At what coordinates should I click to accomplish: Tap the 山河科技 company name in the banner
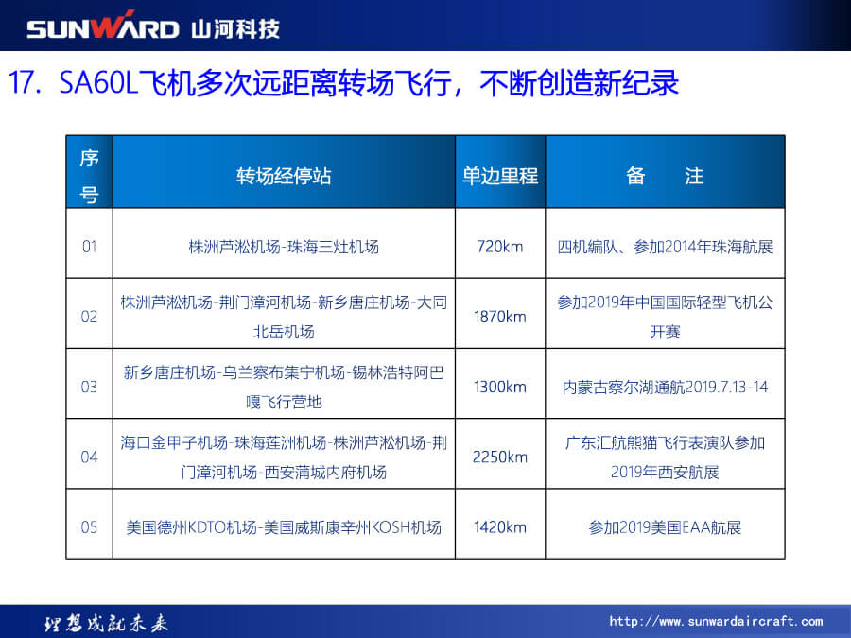235,28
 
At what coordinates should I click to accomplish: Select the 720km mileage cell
500,247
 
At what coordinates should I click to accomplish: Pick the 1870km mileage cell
500,317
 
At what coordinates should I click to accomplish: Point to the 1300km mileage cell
500,387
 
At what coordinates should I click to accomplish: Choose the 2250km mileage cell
500,457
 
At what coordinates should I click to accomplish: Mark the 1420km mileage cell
500,526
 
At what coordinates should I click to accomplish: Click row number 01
90,247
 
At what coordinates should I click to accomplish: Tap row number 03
90,387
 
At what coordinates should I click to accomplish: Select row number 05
90,526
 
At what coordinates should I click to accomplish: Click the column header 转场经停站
284,177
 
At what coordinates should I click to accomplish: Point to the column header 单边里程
500,177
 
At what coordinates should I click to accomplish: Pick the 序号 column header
90,177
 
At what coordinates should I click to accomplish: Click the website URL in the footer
716,621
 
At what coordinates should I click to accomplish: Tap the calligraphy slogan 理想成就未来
106,624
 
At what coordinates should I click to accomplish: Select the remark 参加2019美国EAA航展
665,526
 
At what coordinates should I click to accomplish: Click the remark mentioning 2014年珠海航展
665,247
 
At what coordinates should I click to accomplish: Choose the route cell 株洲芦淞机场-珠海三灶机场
284,247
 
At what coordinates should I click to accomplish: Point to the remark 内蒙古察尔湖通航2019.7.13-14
665,387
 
